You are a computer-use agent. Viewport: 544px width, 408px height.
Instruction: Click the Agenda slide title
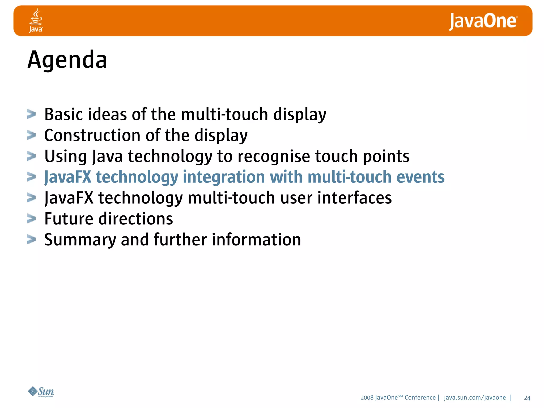pyautogui.click(x=67, y=60)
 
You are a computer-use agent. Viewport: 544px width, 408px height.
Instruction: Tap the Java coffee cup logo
pyautogui.click(x=36, y=20)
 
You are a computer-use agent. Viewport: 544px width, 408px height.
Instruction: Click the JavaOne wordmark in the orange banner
pyautogui.click(x=483, y=21)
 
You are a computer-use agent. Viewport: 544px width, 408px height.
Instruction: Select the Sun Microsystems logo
pyautogui.click(x=41, y=392)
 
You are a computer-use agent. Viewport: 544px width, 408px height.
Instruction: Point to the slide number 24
pyautogui.click(x=527, y=398)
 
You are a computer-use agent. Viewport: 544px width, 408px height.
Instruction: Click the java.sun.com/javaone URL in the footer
pyautogui.click(x=475, y=398)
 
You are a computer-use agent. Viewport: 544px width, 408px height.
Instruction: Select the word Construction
pyautogui.click(x=92, y=135)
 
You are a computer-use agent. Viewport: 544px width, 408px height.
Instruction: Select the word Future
pyautogui.click(x=69, y=219)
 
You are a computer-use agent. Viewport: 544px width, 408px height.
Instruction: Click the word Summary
pyautogui.click(x=80, y=240)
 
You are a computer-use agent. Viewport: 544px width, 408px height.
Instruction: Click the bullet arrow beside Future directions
pyautogui.click(x=32, y=219)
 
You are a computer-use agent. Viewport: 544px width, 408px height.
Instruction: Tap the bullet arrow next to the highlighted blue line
pyautogui.click(x=32, y=177)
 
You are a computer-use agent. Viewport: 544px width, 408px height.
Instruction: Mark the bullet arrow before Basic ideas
pyautogui.click(x=32, y=114)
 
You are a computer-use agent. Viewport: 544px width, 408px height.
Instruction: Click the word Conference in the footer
pyautogui.click(x=420, y=398)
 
